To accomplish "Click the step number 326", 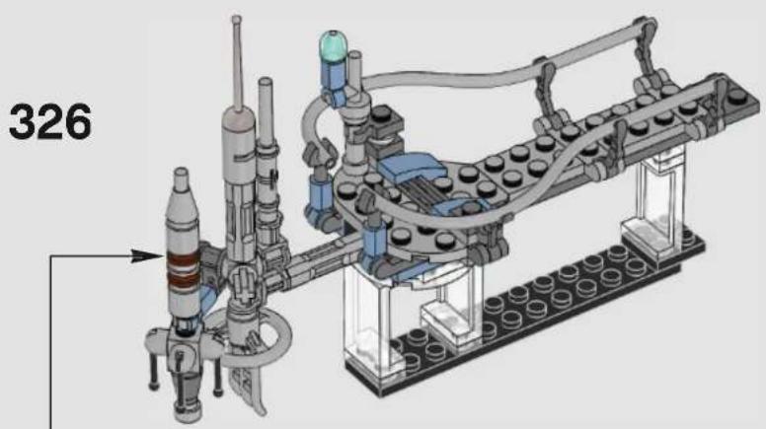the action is tap(50, 122).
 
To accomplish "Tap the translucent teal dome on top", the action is tap(333, 45).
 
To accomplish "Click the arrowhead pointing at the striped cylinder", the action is tap(146, 255).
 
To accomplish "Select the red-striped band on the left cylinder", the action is tap(184, 270).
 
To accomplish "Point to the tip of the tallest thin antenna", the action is tap(237, 20).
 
